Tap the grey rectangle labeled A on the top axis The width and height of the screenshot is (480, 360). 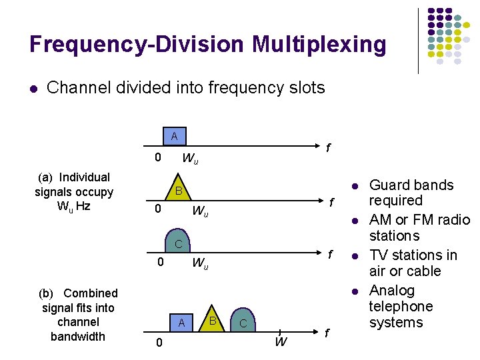point(175,137)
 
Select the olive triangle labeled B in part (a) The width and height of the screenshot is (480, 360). point(178,191)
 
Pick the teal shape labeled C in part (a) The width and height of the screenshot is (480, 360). point(178,244)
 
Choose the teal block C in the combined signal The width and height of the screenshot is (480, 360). point(243,323)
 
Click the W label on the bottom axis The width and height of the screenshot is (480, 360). point(281,343)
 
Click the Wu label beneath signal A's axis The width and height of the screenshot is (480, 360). point(190,159)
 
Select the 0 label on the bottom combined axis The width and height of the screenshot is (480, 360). point(157,343)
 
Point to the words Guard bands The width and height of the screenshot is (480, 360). point(411,185)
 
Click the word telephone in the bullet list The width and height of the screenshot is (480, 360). point(401,307)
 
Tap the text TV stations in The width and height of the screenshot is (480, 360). point(413,255)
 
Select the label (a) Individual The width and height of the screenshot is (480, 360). point(74,177)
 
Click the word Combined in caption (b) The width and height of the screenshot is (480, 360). point(91,293)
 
